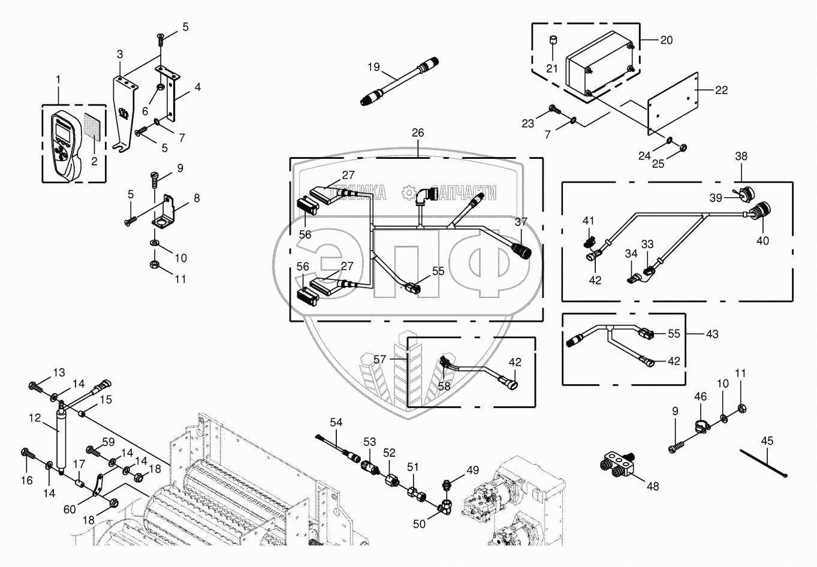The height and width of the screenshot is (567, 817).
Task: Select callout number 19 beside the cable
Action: coord(374,67)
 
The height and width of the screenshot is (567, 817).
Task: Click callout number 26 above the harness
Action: coord(418,132)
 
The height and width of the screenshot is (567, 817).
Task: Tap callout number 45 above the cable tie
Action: coord(767,441)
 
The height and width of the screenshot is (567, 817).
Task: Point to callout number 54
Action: coord(336,423)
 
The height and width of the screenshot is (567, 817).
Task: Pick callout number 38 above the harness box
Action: coord(741,156)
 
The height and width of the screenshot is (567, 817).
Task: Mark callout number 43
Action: coord(712,334)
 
